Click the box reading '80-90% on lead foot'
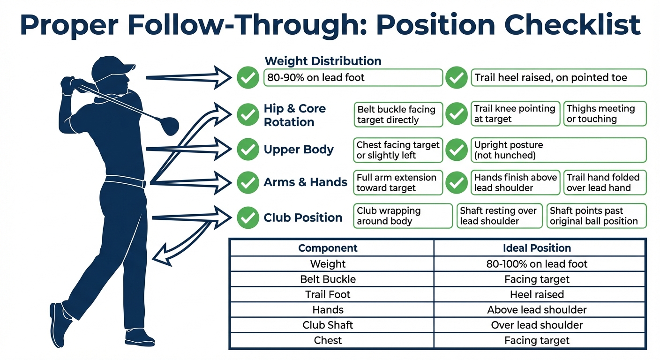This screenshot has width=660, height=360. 352,78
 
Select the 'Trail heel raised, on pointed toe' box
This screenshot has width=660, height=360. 558,78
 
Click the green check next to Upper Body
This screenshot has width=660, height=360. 248,150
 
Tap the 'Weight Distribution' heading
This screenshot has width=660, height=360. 323,61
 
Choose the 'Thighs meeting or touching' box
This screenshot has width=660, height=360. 604,114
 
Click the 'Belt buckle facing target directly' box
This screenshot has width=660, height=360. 397,114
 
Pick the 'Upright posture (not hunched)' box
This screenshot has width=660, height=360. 558,150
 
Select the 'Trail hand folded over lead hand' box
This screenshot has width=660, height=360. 604,182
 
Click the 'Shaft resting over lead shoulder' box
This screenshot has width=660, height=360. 499,216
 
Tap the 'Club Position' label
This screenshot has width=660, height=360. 303,217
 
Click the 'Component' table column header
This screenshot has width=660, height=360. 328,248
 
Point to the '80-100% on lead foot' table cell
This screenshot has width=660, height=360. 537,264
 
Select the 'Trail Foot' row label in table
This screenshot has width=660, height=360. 328,294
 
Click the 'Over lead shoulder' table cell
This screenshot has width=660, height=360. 537,325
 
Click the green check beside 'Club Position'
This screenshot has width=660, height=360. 248,217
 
